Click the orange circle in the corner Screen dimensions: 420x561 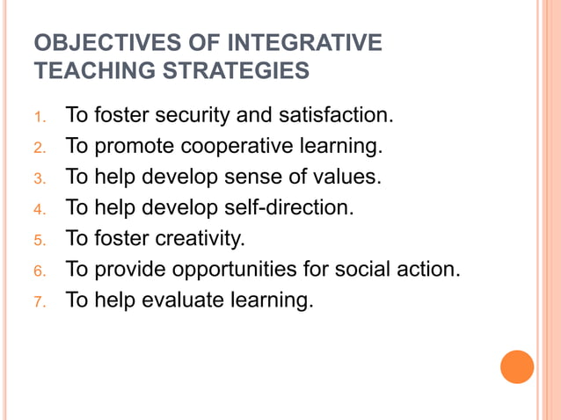click(517, 367)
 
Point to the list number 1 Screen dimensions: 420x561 click(40, 116)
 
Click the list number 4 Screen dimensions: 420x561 click(39, 209)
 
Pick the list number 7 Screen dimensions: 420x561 click(39, 302)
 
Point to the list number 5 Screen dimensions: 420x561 click(39, 240)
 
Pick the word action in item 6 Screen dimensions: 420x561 click(426, 269)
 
